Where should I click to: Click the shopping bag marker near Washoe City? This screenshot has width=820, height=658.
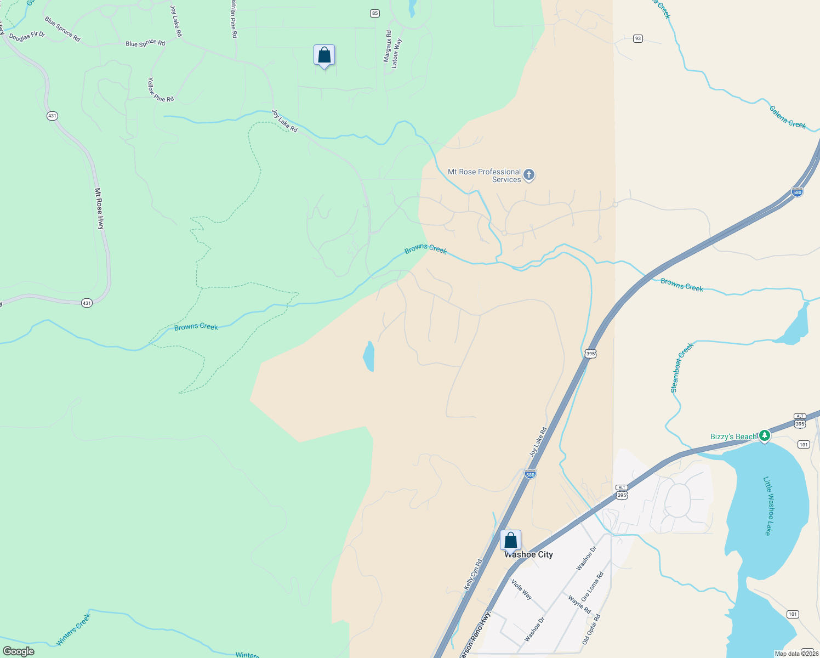click(510, 540)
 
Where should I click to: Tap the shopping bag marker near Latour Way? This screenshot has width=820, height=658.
click(324, 55)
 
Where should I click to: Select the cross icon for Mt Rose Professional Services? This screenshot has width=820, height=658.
click(529, 175)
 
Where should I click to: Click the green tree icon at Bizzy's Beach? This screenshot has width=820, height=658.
click(765, 436)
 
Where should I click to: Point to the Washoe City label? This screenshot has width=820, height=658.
click(529, 555)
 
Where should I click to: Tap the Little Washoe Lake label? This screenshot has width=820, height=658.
click(770, 506)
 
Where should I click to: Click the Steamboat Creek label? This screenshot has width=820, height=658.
click(682, 367)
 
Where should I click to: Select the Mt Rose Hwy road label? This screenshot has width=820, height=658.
click(99, 208)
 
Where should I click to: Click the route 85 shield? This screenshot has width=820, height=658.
click(375, 14)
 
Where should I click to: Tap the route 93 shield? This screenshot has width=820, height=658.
click(637, 38)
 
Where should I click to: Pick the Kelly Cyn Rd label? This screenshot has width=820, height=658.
click(473, 575)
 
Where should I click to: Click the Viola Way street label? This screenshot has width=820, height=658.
click(521, 588)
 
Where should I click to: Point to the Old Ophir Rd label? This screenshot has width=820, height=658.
click(591, 629)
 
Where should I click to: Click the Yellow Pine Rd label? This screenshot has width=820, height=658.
click(160, 90)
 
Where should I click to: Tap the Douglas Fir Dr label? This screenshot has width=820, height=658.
click(27, 35)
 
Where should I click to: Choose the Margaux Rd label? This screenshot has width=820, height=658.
click(388, 46)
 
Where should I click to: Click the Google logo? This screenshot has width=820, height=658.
click(18, 651)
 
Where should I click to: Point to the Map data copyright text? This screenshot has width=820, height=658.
click(796, 654)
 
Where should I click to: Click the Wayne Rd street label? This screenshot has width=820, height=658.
click(579, 605)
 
